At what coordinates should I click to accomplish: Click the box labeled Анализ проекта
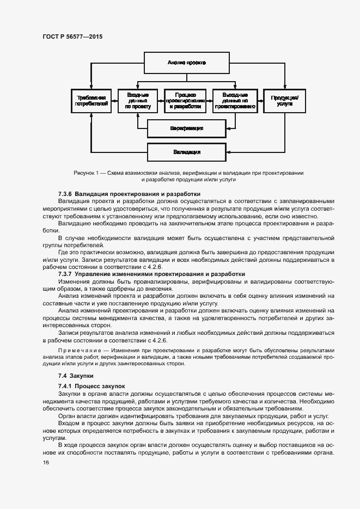(187, 63)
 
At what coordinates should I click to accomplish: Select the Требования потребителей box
(91, 100)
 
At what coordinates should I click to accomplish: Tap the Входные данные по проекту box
(138, 100)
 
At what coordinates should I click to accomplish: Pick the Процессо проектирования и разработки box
(186, 100)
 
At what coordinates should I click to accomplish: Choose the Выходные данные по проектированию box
(235, 100)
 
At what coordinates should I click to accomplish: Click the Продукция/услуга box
(284, 100)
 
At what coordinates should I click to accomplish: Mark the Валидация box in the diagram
(187, 152)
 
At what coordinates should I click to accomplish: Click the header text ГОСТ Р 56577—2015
(72, 36)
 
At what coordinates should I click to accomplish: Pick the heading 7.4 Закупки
(76, 376)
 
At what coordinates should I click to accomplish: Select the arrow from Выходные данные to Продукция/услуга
(260, 100)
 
